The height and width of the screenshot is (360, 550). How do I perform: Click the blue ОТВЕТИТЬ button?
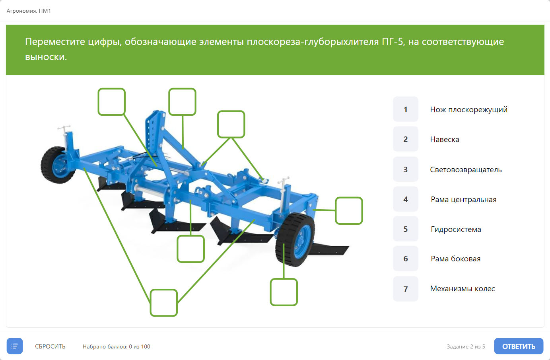[x=519, y=346]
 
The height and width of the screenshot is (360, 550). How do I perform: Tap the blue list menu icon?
[x=15, y=346]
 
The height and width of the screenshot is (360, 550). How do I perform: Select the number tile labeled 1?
[x=406, y=109]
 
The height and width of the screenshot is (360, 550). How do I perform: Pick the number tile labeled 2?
[x=406, y=139]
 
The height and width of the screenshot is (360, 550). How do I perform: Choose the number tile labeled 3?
[x=406, y=169]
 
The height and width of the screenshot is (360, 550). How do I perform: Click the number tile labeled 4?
[x=406, y=199]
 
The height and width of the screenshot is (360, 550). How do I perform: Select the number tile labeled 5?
[x=406, y=229]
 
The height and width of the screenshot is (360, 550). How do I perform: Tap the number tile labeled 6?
[x=406, y=259]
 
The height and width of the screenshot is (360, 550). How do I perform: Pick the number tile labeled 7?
[x=406, y=289]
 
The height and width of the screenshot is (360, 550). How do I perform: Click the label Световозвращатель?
[x=466, y=170]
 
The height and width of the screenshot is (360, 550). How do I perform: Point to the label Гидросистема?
[x=456, y=230]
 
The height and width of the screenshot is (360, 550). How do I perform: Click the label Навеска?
[x=445, y=140]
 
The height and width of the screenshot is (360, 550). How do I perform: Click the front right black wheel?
[x=295, y=239]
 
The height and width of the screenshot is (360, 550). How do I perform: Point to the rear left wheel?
[x=58, y=165]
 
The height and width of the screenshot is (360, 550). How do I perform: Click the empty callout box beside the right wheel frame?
[x=349, y=211]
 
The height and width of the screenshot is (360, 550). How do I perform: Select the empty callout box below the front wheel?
[x=284, y=292]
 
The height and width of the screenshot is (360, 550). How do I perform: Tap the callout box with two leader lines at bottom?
[x=164, y=303]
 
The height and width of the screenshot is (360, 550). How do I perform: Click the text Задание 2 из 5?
[x=466, y=346]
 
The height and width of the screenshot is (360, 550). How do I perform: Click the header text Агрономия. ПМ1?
[x=29, y=11]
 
